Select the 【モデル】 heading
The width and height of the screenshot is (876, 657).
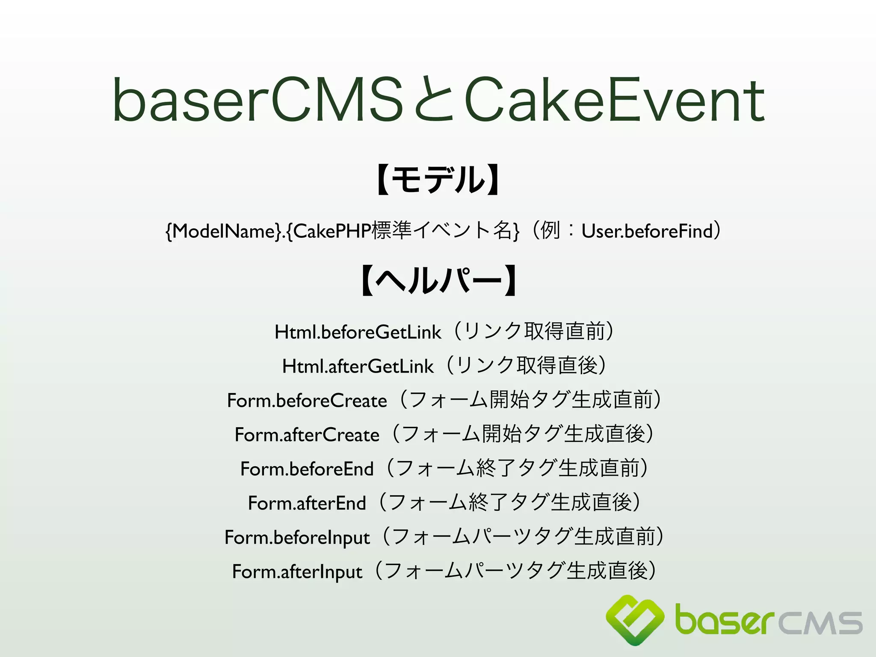point(438,180)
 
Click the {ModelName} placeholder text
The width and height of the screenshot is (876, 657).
point(223,231)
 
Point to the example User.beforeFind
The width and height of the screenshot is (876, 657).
point(647,231)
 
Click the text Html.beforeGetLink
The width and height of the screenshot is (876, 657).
point(358,332)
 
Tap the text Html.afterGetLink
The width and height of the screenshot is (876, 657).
point(358,367)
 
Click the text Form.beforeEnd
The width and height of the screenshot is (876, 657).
point(307,469)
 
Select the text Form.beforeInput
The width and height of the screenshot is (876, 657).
point(297,538)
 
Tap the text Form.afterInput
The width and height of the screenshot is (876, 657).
point(297,572)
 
